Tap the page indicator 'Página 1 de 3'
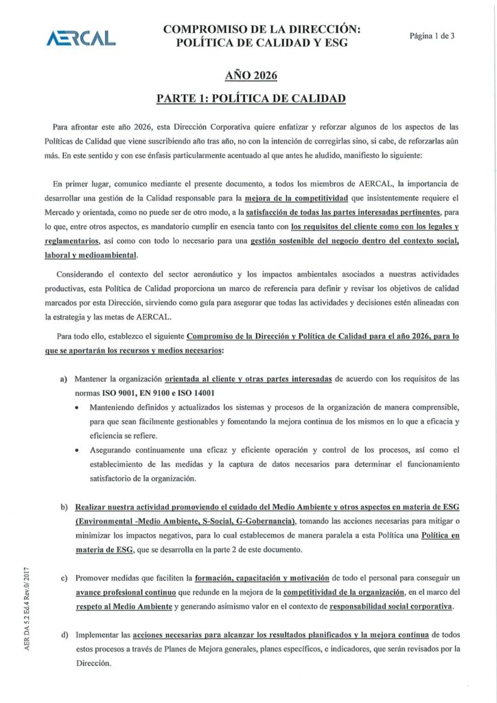432,36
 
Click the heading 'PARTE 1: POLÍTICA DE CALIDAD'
251,98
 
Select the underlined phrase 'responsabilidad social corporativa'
391,607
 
